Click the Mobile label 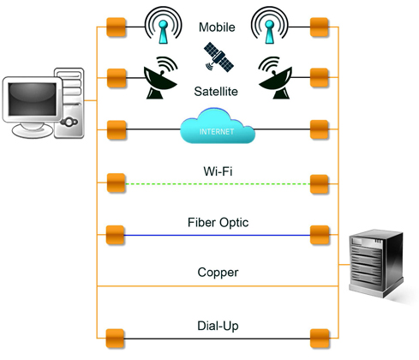click(217, 27)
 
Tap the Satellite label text click(216, 92)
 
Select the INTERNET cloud click(218, 126)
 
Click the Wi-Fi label click(218, 171)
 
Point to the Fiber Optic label click(218, 223)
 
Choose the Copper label click(218, 273)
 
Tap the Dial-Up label click(218, 326)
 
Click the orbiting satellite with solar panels click(218, 57)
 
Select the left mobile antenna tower click(163, 26)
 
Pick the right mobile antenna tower click(269, 26)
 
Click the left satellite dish click(160, 78)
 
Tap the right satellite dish click(275, 78)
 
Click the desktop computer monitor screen click(33, 99)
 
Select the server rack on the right click(376, 263)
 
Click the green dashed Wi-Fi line click(218, 183)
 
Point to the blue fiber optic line click(217, 236)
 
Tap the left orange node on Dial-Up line click(115, 339)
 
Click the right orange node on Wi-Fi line click(320, 183)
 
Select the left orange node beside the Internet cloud click(117, 129)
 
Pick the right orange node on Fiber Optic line click(320, 235)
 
